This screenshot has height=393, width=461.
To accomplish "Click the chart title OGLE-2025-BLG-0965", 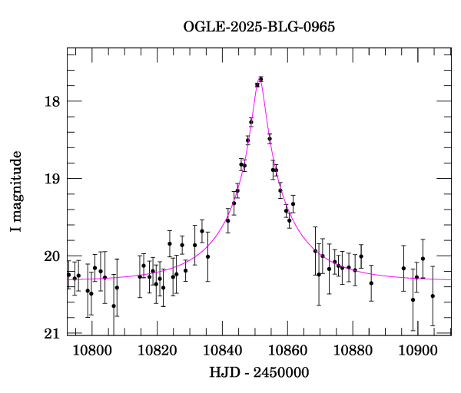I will point(259,27).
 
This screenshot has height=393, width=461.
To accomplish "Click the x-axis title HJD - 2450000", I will point(259,373).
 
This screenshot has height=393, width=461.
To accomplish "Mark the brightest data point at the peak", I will point(261,79).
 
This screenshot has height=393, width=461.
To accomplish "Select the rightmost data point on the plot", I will point(433,296).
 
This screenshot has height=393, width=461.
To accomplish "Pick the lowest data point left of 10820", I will point(114,305).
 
